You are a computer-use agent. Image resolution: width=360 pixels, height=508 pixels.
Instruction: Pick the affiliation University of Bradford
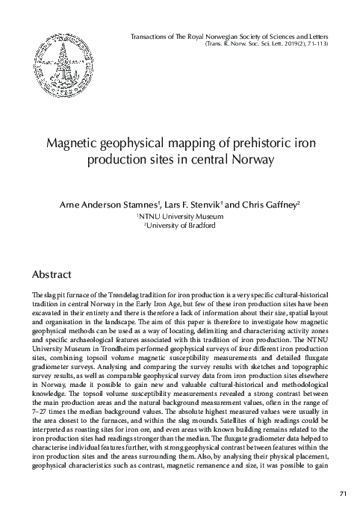(181, 226)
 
